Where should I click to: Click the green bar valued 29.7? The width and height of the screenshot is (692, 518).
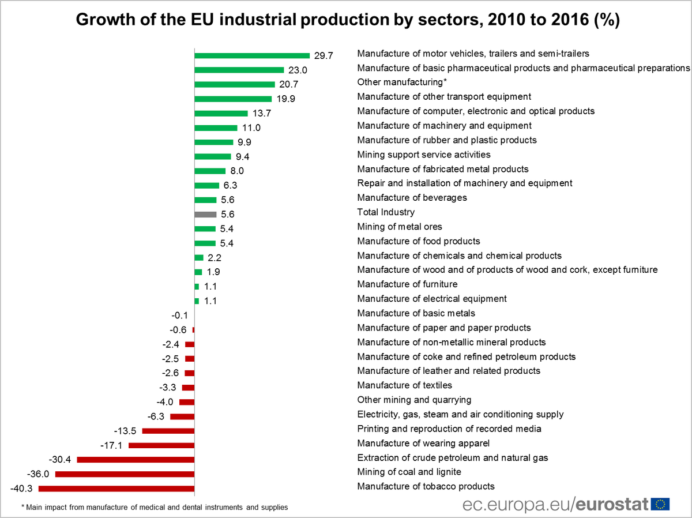pos(252,55)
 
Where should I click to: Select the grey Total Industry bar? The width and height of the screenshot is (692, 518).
pos(205,214)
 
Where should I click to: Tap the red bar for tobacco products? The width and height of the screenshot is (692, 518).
pos(116,489)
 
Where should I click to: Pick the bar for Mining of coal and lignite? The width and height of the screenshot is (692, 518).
pos(125,474)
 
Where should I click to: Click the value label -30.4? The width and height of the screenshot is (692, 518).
pos(61,459)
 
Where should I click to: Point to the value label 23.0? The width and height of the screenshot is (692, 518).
pos(298,70)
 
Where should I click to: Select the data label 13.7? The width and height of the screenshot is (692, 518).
pos(262,113)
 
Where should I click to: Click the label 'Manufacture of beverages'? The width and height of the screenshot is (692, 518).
pos(412,197)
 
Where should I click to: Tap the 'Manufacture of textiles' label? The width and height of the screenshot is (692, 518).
pos(404,385)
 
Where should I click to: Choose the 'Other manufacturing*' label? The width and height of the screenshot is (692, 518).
pos(394,82)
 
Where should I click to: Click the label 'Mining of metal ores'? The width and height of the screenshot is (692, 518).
pos(400,226)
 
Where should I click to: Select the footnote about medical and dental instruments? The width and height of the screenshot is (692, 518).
pos(155,507)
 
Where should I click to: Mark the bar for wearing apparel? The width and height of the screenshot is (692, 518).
pos(161,445)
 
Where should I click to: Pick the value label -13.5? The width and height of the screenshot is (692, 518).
pos(126,430)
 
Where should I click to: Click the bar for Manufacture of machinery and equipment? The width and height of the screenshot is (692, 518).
pos(216,127)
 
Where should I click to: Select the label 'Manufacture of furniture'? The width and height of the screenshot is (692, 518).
pos(407,284)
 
